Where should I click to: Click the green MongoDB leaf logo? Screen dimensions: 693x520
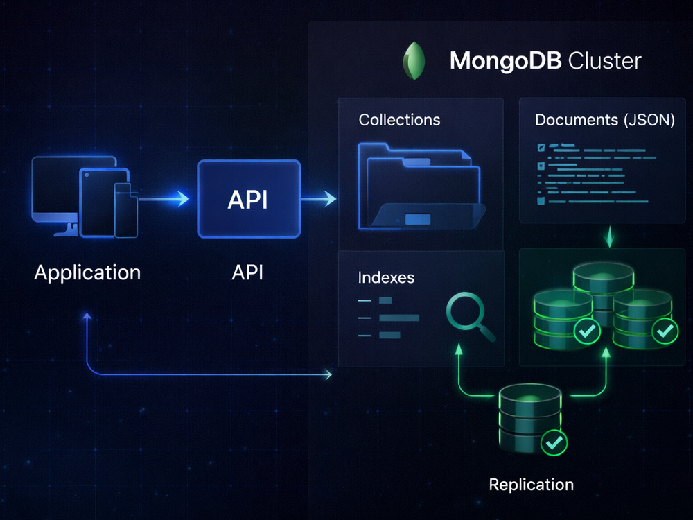point(414,60)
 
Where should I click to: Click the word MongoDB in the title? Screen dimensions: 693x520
point(505,60)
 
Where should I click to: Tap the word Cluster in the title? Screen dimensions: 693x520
point(604,60)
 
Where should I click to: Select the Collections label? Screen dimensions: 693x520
point(400,120)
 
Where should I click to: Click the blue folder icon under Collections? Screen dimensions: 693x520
point(421,186)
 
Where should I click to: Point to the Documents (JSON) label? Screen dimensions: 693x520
point(604,120)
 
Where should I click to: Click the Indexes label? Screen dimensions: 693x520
point(386,278)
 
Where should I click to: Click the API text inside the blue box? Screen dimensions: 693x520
point(247,200)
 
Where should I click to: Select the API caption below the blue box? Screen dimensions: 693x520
point(247,272)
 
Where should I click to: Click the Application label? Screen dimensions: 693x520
point(87,272)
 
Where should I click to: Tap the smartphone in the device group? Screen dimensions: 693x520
point(126,210)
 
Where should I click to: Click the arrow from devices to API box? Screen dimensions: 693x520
point(164,199)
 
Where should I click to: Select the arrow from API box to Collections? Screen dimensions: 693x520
point(319,199)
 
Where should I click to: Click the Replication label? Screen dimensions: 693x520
point(532,485)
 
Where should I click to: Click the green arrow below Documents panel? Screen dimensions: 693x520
point(610,236)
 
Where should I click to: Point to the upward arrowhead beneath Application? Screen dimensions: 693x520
point(87,316)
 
